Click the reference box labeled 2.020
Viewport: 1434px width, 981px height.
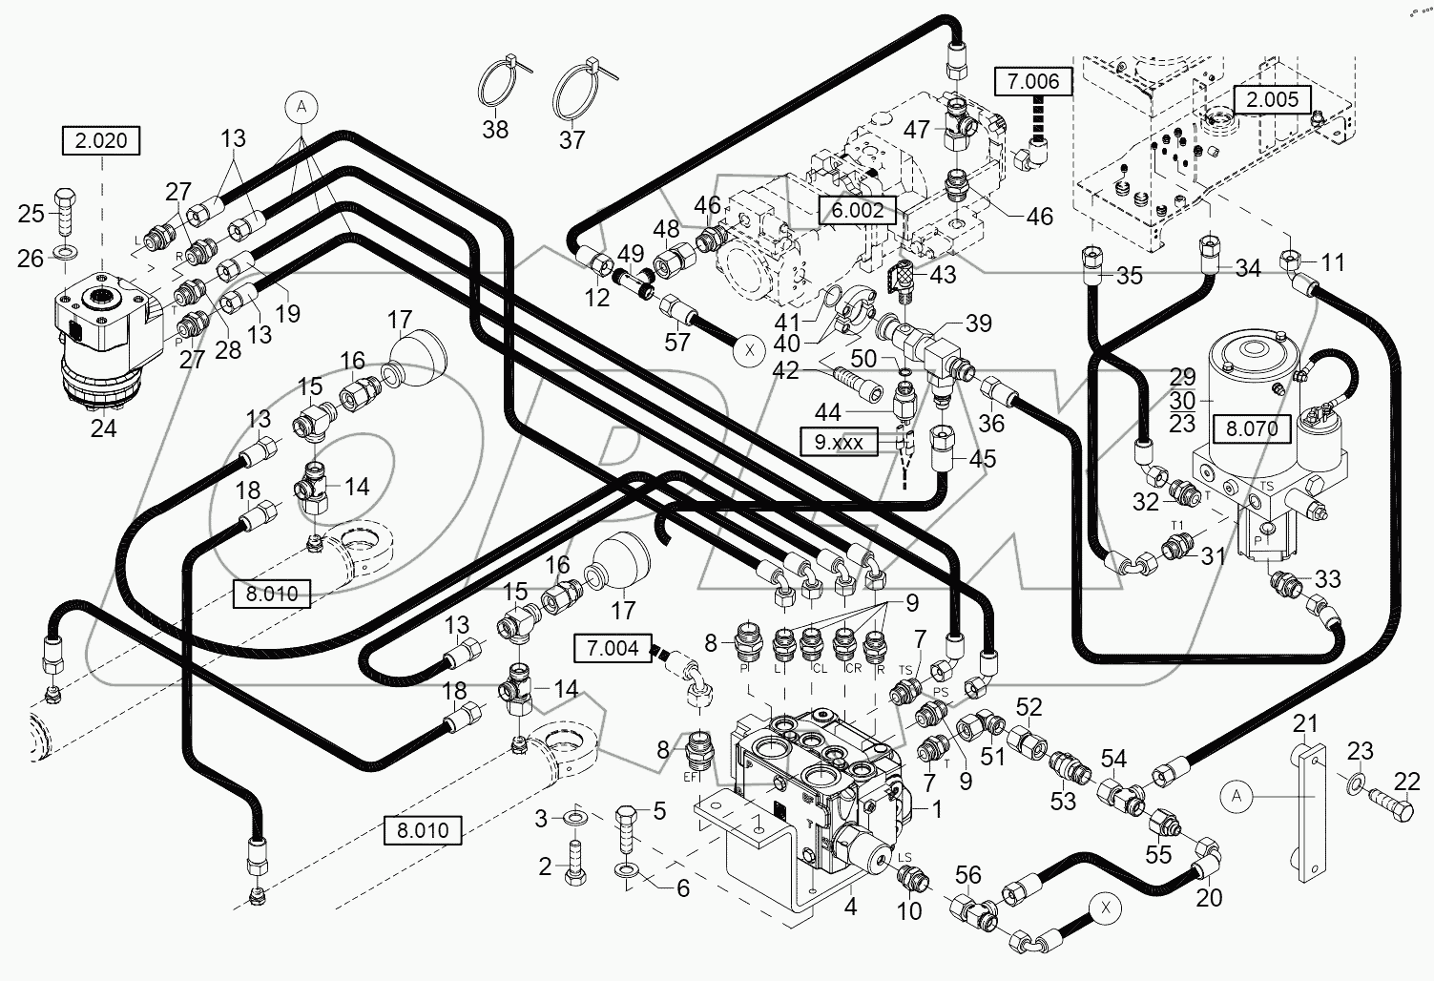[x=101, y=141]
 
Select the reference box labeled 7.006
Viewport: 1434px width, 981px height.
[x=1033, y=82]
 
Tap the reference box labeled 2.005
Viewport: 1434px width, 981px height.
[x=1272, y=98]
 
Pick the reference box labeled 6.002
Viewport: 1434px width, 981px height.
[x=858, y=210]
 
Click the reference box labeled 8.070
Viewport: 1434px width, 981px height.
[x=1252, y=428]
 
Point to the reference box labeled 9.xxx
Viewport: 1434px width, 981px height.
[x=839, y=443]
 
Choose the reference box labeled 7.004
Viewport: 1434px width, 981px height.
[x=613, y=649]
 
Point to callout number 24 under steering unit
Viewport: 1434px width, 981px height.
[x=103, y=428]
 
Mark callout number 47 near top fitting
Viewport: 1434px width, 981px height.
[x=917, y=131]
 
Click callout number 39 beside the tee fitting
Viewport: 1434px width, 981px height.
[x=978, y=324]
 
